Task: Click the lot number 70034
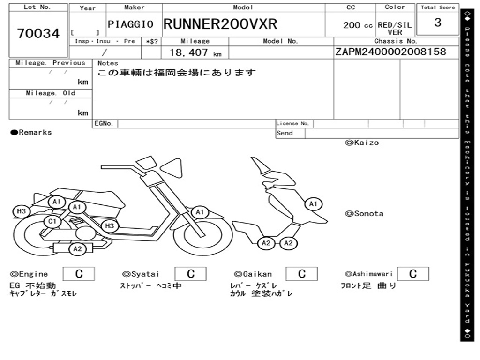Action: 38,33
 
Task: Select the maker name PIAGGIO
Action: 130,24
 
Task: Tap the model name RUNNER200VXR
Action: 220,24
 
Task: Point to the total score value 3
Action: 438,22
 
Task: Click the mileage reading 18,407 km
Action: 195,52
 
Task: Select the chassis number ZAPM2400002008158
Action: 390,52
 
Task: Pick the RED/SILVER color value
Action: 395,29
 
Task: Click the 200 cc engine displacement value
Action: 358,25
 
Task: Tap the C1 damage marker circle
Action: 52,221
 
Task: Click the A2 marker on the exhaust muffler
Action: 77,249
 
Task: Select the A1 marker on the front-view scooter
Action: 313,204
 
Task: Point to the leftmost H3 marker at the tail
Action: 21,211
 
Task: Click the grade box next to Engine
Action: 79,274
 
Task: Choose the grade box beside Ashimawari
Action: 413,274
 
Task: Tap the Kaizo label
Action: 362,142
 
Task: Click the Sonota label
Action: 364,214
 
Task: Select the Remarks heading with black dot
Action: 31,133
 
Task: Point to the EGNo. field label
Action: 104,123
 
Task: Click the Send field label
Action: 285,133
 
